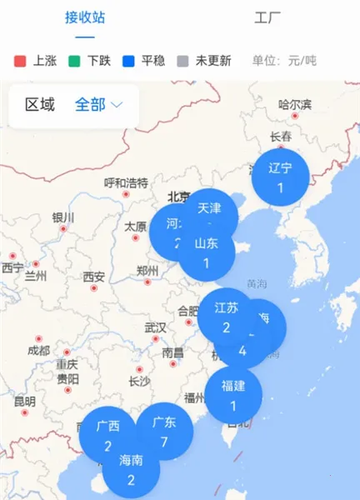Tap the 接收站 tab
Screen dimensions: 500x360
tap(85, 17)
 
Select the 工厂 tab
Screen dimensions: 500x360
tap(268, 17)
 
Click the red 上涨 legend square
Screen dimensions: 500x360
tap(20, 61)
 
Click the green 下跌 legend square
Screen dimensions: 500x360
tap(73, 61)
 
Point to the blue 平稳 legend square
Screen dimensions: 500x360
tap(127, 61)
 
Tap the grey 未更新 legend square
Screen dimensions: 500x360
tap(182, 61)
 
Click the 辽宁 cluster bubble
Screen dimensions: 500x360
tap(281, 177)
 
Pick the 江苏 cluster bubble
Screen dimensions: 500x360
tap(225, 316)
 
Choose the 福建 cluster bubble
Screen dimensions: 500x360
tap(233, 395)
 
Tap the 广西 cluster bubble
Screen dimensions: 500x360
tap(107, 436)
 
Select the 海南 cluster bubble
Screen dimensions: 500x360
tap(131, 469)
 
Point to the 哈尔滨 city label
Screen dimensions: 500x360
tap(295, 104)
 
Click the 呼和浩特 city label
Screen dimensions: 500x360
tap(126, 182)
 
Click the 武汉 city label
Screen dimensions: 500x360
tap(155, 327)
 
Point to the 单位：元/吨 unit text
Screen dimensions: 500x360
tap(284, 61)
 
